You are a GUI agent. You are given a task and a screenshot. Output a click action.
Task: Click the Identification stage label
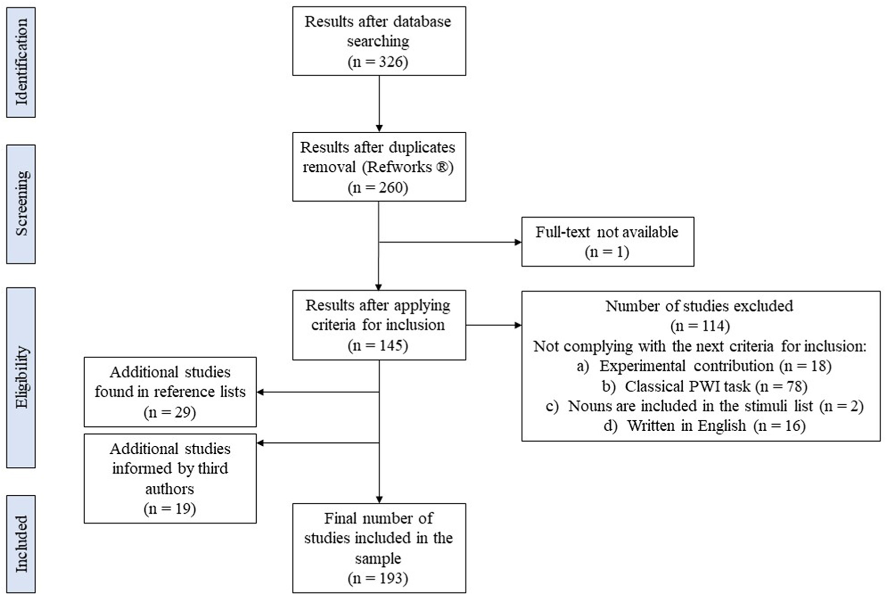[21, 62]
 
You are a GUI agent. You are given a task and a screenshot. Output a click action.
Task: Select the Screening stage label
[21, 204]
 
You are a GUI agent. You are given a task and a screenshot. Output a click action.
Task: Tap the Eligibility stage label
[21, 377]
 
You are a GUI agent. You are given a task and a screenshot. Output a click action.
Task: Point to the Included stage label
[21, 544]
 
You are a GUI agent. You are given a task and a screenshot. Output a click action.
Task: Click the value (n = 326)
[378, 62]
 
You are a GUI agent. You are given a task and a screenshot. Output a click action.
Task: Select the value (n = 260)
[378, 187]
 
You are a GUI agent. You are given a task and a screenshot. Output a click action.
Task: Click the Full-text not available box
[607, 241]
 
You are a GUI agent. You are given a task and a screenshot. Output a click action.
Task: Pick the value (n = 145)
[378, 345]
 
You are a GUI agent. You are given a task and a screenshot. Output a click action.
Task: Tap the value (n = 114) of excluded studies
[700, 326]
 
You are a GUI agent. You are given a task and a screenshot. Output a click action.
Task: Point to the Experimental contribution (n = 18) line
[704, 366]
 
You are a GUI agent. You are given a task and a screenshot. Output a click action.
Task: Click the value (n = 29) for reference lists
[170, 412]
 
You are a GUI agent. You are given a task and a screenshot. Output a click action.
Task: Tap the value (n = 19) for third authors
[170, 508]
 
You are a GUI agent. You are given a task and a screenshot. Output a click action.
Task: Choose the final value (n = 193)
[378, 578]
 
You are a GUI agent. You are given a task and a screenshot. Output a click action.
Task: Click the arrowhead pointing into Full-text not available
[518, 242]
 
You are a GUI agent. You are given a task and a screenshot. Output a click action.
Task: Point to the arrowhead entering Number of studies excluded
[518, 326]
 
